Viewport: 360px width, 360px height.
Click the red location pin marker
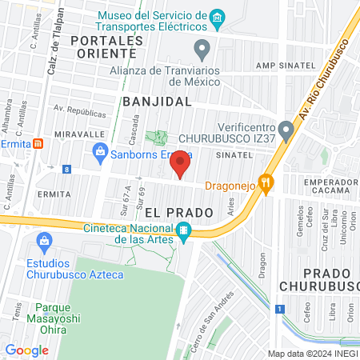pos(181,165)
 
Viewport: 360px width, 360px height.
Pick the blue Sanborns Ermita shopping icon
pos(101,150)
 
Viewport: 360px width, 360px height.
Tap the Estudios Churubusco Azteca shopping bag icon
pos(46,240)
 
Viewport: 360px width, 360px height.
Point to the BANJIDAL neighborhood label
pos(158,102)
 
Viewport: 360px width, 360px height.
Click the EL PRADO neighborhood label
pos(179,212)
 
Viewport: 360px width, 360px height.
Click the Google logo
pos(26,350)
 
